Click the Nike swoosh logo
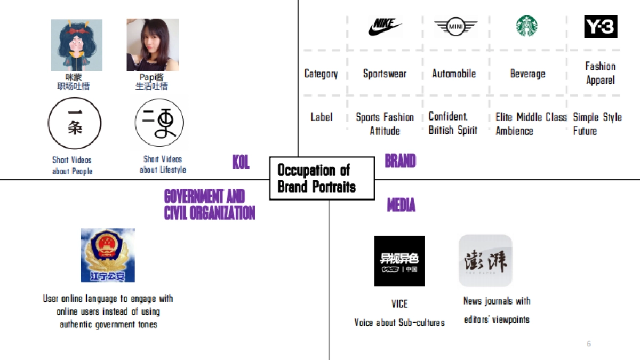pos(385,27)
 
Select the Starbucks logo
pos(526,27)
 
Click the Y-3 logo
pos(601,27)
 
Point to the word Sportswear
pos(385,74)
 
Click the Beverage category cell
pos(527,74)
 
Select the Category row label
pos(321,74)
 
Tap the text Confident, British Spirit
pos(453,123)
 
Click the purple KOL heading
pos(241,162)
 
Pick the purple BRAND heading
pos(400,161)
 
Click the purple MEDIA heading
pos(401,205)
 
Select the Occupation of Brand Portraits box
pos(322,178)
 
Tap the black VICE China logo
pos(399,261)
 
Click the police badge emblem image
pos(107,255)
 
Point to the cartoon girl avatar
pos(76,45)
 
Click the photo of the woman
pos(153,45)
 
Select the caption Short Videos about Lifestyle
pos(163,164)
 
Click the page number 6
pos(589,344)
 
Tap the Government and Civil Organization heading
pos(209,205)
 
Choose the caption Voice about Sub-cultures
pos(399,323)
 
